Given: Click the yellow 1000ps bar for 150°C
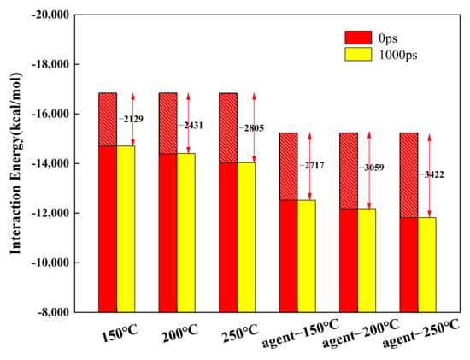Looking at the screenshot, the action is (x=126, y=229).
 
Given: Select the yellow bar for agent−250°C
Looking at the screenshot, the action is (x=426, y=265).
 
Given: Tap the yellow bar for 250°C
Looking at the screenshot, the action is (x=246, y=238).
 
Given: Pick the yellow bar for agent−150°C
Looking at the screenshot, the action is (x=307, y=257).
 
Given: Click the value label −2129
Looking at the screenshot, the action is (x=132, y=119).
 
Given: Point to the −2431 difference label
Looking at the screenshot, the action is (x=191, y=126).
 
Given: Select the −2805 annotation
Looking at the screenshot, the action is (x=251, y=128).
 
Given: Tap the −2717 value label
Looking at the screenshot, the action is (x=312, y=165).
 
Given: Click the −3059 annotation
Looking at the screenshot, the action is (x=372, y=168).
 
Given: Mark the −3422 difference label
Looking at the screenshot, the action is (x=432, y=175).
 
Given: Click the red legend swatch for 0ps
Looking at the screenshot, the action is (x=358, y=38).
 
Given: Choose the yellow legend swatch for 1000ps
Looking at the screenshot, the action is (x=358, y=55).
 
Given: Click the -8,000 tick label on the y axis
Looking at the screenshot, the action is (x=53, y=312).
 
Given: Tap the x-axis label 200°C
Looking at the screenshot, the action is (x=180, y=333).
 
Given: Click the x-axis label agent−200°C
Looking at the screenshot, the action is (x=361, y=333).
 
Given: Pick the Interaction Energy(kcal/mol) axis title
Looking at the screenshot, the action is (x=15, y=163).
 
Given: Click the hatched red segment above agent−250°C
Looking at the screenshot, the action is (x=408, y=175).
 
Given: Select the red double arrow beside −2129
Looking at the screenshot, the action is (x=133, y=120).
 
